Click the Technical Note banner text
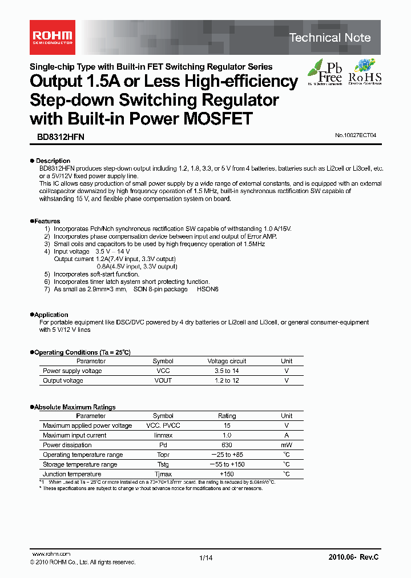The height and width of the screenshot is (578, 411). tap(330, 38)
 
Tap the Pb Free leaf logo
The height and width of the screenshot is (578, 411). tap(325, 73)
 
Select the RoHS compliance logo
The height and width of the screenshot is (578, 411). tap(364, 73)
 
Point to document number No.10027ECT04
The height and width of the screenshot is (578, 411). tap(356, 135)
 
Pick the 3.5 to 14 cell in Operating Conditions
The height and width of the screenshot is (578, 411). tap(227, 371)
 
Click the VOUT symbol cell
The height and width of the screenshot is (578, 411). tap(163, 380)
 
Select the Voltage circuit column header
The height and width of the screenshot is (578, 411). tap(227, 361)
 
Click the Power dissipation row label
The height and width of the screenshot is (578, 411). tap(67, 445)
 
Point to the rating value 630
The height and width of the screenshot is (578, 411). tap(227, 445)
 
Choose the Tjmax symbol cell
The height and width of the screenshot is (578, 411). tap(163, 474)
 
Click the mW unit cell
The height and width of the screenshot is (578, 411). tap(287, 445)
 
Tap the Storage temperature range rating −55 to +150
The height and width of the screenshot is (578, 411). tap(227, 464)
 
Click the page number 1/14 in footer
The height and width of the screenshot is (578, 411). tap(205, 557)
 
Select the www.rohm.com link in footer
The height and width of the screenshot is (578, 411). tap(50, 554)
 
